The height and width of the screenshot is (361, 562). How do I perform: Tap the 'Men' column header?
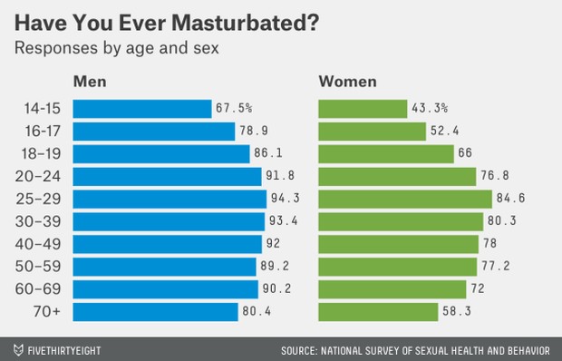point(90,83)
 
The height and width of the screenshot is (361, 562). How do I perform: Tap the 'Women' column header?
point(348,83)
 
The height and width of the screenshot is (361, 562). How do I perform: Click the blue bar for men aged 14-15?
point(140,109)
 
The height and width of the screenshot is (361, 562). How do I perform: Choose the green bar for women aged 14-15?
point(363,109)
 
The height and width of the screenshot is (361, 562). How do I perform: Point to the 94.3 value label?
point(286,199)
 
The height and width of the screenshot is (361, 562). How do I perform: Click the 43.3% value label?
point(431,109)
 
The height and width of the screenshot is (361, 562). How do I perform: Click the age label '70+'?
point(44,311)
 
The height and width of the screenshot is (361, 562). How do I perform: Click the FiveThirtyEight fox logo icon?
point(17,347)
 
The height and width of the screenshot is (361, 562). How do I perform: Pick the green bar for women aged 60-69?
point(393,288)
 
